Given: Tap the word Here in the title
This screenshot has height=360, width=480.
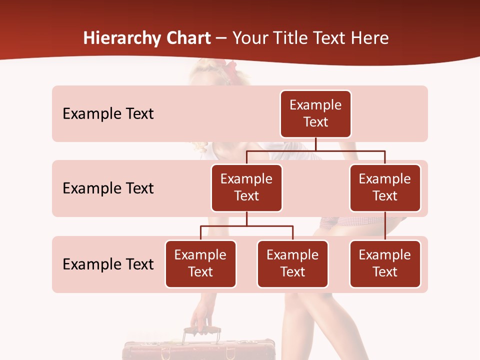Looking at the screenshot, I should point(369,38).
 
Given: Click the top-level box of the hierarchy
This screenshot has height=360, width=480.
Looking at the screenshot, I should point(315,113).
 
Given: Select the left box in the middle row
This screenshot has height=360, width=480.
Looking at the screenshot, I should point(246,187).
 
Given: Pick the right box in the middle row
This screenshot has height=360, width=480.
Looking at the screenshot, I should point(385,187).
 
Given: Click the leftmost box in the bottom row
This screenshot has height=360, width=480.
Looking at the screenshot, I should point(200,263).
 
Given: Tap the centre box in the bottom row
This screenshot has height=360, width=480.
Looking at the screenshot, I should point(292,263).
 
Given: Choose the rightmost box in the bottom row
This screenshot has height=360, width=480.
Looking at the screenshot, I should point(385,263).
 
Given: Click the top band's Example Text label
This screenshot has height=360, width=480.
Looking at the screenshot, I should point(108,113).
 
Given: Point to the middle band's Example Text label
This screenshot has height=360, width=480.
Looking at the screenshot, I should point(108,188).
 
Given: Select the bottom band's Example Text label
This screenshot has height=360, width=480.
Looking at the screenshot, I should point(108,264).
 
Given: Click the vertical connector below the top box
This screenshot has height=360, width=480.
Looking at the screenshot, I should point(315,144).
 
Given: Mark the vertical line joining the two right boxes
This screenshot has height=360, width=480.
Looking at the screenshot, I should point(385,226).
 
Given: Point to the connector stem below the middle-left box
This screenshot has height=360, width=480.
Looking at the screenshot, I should point(246,218).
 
